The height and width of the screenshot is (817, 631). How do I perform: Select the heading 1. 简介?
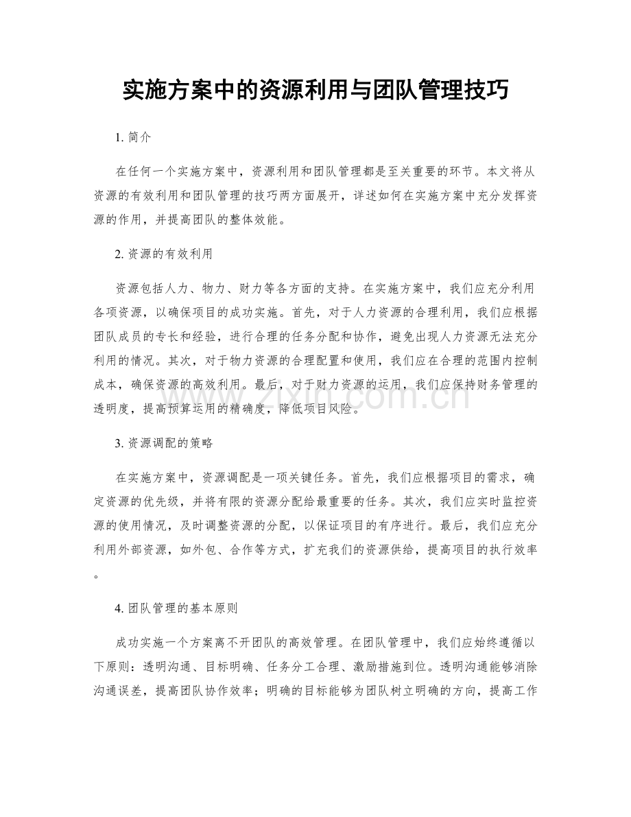point(134,137)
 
